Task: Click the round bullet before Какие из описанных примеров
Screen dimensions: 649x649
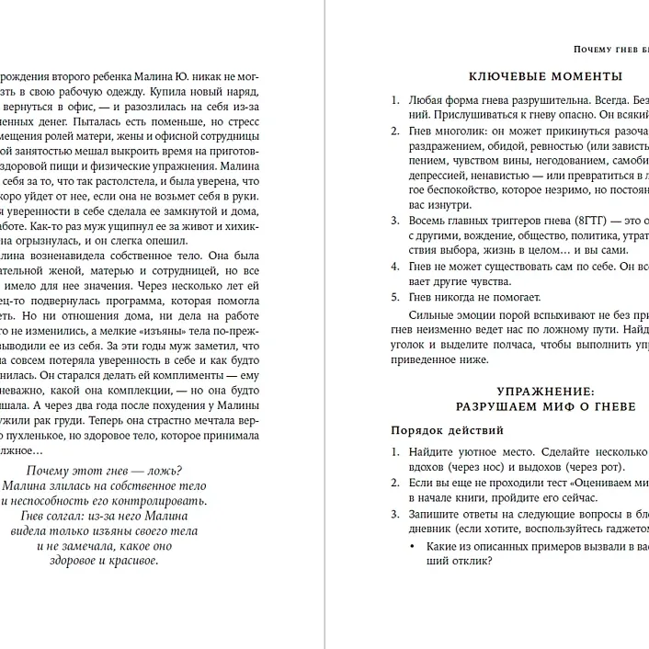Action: coord(411,547)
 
